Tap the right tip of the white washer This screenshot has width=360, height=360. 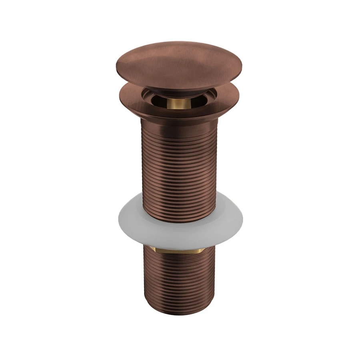[x=240, y=218]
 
